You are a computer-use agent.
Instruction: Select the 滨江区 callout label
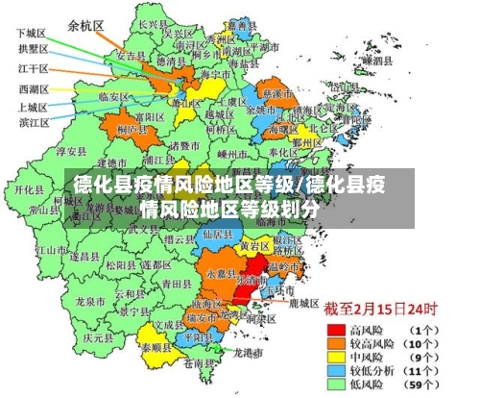[x=34, y=122]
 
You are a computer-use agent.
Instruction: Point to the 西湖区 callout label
[x=34, y=88]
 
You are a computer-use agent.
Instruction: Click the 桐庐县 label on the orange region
[x=128, y=127]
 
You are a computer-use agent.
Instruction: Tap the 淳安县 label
[x=72, y=151]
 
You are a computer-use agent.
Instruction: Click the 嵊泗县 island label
[x=378, y=60]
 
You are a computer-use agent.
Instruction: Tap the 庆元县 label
[x=97, y=337]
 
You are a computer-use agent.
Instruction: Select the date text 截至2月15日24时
[x=380, y=308]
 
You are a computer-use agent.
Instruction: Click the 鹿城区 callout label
[x=303, y=302]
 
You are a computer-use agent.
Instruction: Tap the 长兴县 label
[x=152, y=23]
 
